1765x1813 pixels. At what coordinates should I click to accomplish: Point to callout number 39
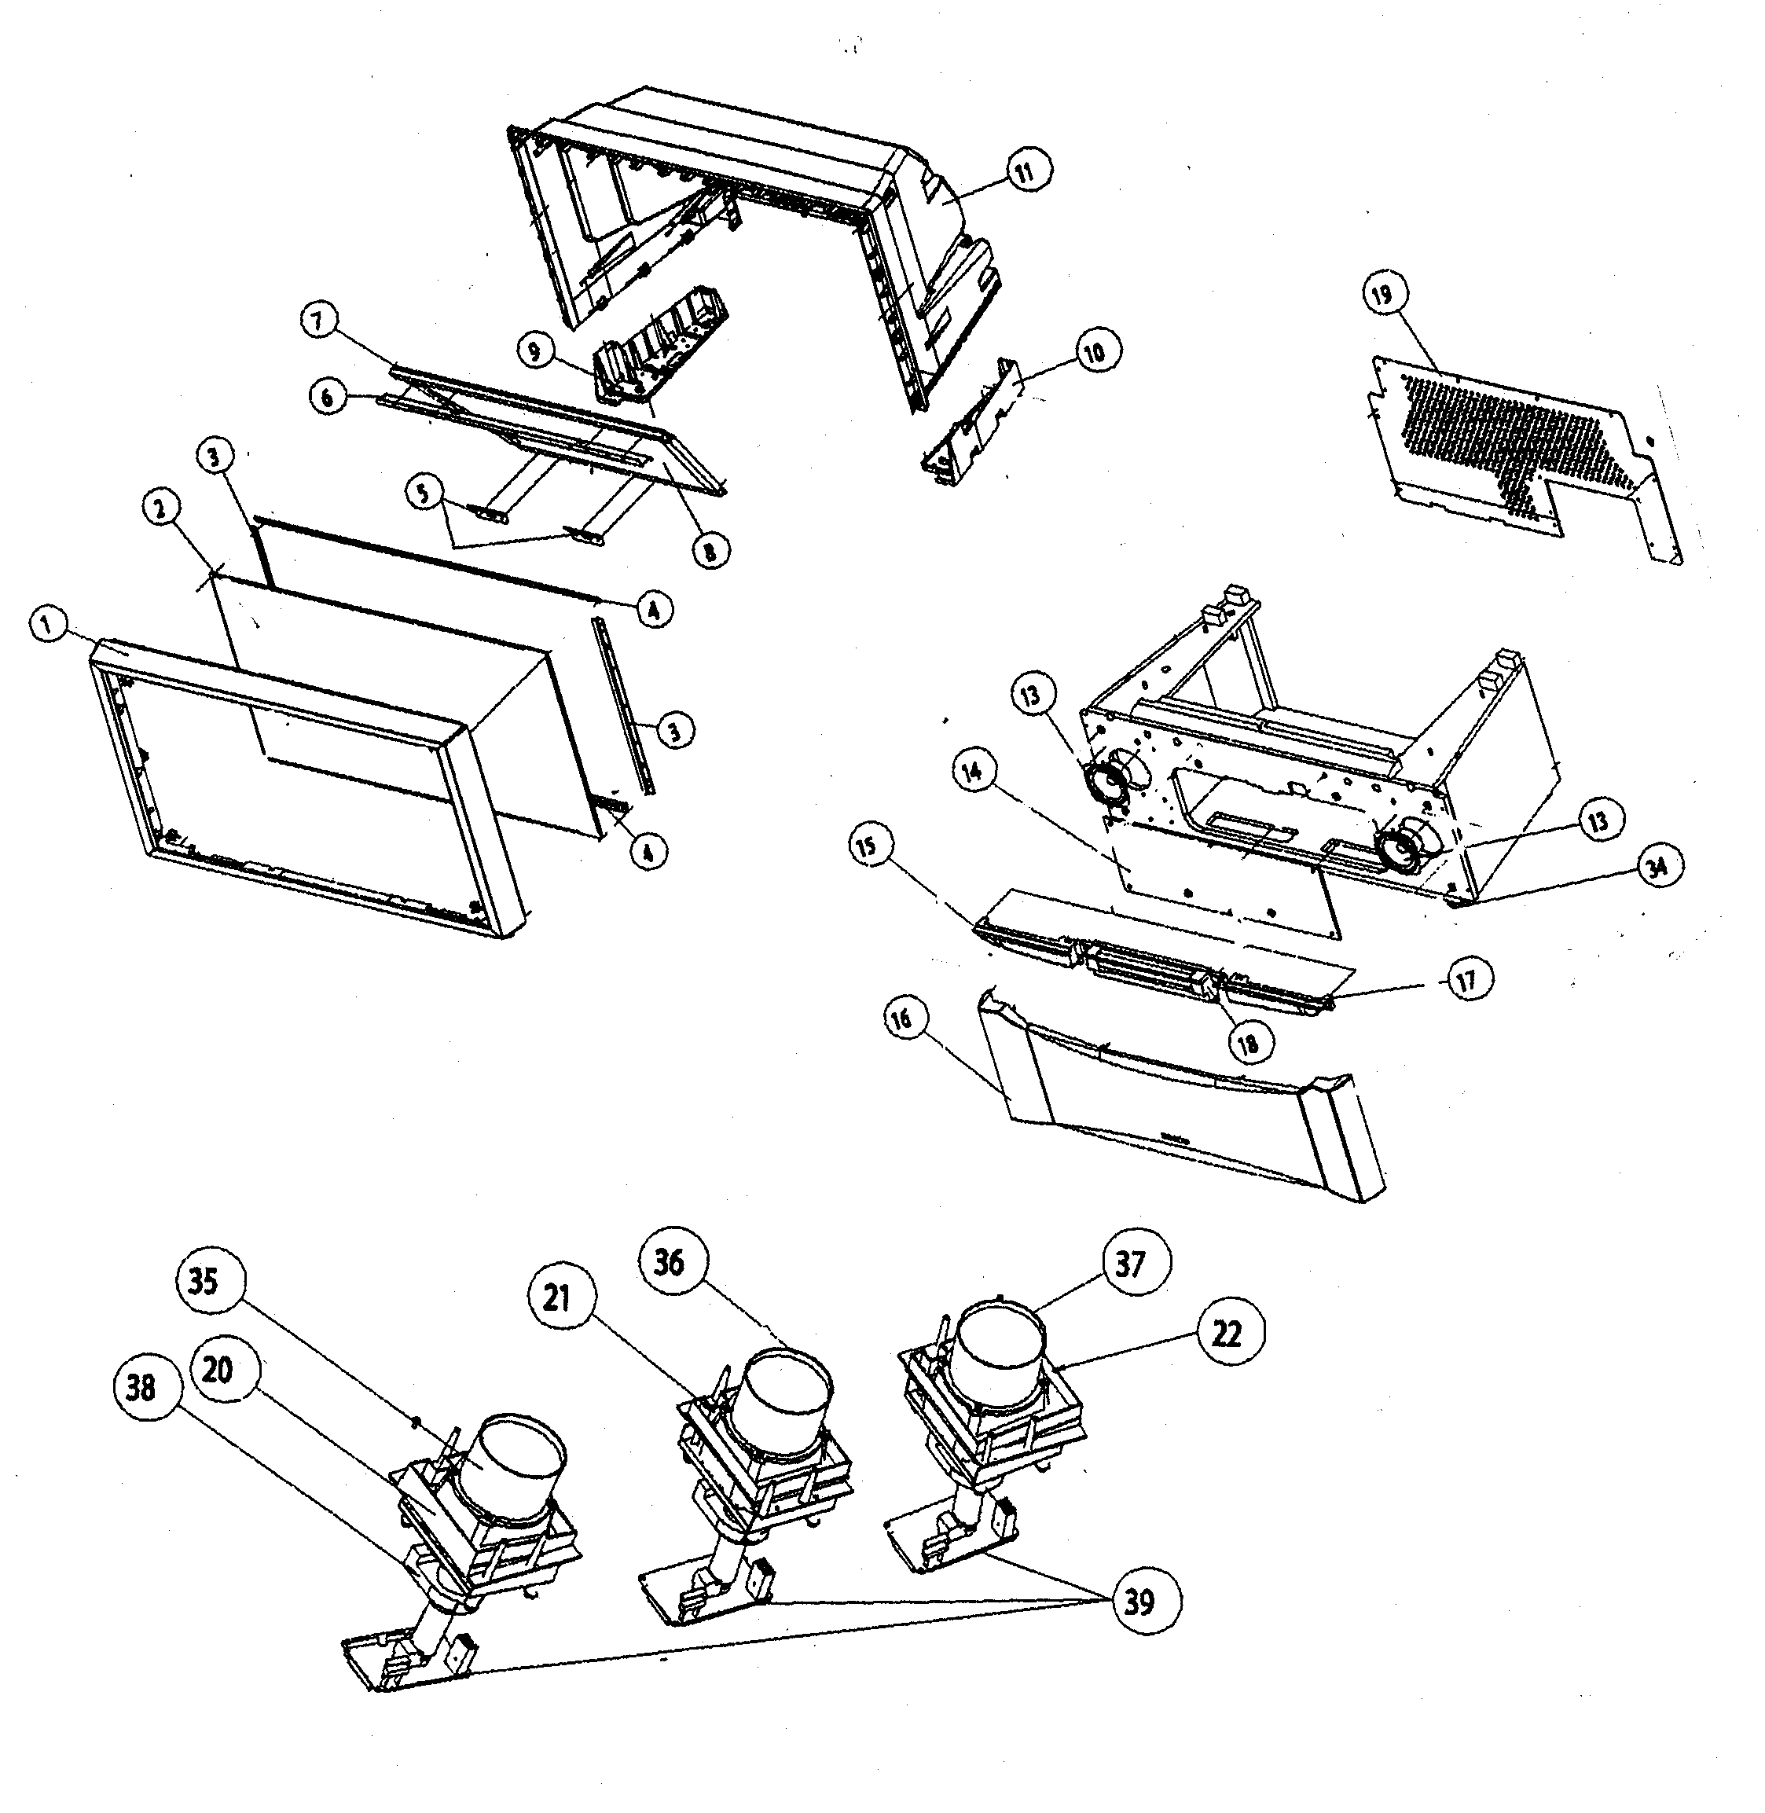click(x=1139, y=1602)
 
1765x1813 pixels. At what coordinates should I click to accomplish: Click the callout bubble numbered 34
click(x=1657, y=866)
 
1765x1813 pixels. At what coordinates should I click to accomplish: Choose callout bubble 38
click(x=141, y=1388)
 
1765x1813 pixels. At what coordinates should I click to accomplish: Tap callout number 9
click(x=535, y=351)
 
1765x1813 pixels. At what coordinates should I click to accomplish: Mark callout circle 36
click(x=669, y=1261)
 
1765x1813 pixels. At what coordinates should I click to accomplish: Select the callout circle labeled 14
click(x=974, y=772)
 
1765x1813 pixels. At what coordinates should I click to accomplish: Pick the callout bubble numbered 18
click(x=1249, y=1044)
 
